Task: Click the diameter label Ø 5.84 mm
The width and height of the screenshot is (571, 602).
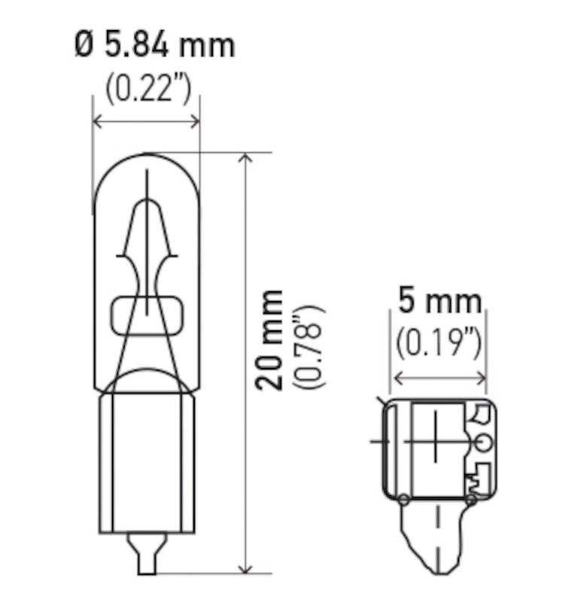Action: coord(154,45)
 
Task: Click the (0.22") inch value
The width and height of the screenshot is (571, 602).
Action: coord(148,90)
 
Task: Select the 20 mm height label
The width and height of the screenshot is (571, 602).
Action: coord(270,339)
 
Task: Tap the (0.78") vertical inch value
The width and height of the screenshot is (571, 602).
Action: coord(308,346)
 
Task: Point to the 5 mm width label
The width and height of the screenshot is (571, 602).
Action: coord(439,302)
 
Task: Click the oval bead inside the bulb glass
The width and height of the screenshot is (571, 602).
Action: coord(147,315)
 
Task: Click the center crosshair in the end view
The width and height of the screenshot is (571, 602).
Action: coord(434,440)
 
